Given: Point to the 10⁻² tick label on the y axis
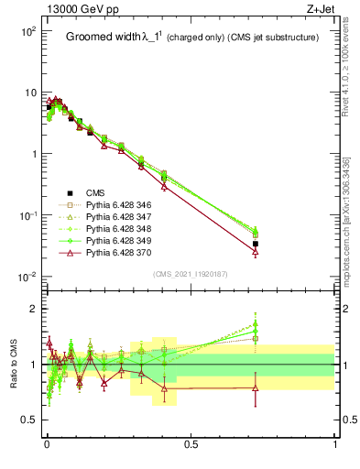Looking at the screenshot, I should (27, 277).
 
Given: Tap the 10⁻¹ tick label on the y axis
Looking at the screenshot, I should (27, 215).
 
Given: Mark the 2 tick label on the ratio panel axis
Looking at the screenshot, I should (33, 309).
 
